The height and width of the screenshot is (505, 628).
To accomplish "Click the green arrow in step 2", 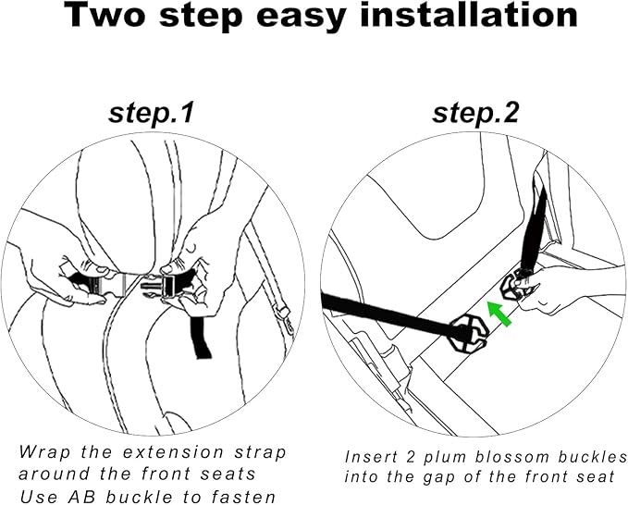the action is point(499,314).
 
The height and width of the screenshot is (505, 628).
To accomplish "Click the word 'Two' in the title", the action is point(105,15).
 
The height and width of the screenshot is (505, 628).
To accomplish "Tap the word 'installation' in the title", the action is point(469,15).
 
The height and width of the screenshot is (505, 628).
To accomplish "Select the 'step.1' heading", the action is point(152,113).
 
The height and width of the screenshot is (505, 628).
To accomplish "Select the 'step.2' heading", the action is point(475,113).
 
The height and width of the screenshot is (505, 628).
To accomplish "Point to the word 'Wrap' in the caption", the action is point(44,453).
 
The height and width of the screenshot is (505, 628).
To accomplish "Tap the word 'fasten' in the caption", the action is point(243,497).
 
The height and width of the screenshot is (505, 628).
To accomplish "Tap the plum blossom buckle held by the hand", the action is point(515,286).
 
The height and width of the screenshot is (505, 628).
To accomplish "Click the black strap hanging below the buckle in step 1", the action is point(201,338).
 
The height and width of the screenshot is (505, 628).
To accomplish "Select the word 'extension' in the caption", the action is point(173,453).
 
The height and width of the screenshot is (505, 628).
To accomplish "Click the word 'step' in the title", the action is point(201,18).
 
